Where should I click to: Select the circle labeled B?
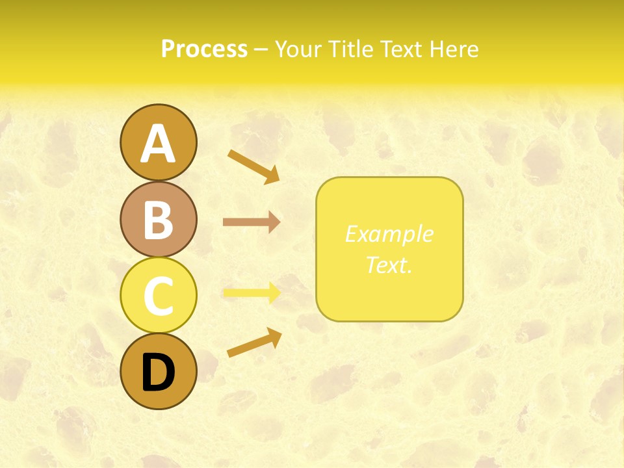[158, 219]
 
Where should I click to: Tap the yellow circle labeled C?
[158, 295]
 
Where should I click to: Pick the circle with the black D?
[158, 371]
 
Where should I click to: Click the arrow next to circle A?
[253, 165]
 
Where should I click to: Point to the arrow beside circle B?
[251, 222]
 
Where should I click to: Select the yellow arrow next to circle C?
[251, 292]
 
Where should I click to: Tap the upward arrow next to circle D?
[253, 343]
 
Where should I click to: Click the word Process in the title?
[204, 49]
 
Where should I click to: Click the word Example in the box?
[389, 234]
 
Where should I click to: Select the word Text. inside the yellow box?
[389, 265]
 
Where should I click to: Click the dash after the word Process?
[261, 50]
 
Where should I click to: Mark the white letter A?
[158, 144]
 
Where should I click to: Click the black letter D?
[158, 374]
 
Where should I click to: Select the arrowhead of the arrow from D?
[274, 336]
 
